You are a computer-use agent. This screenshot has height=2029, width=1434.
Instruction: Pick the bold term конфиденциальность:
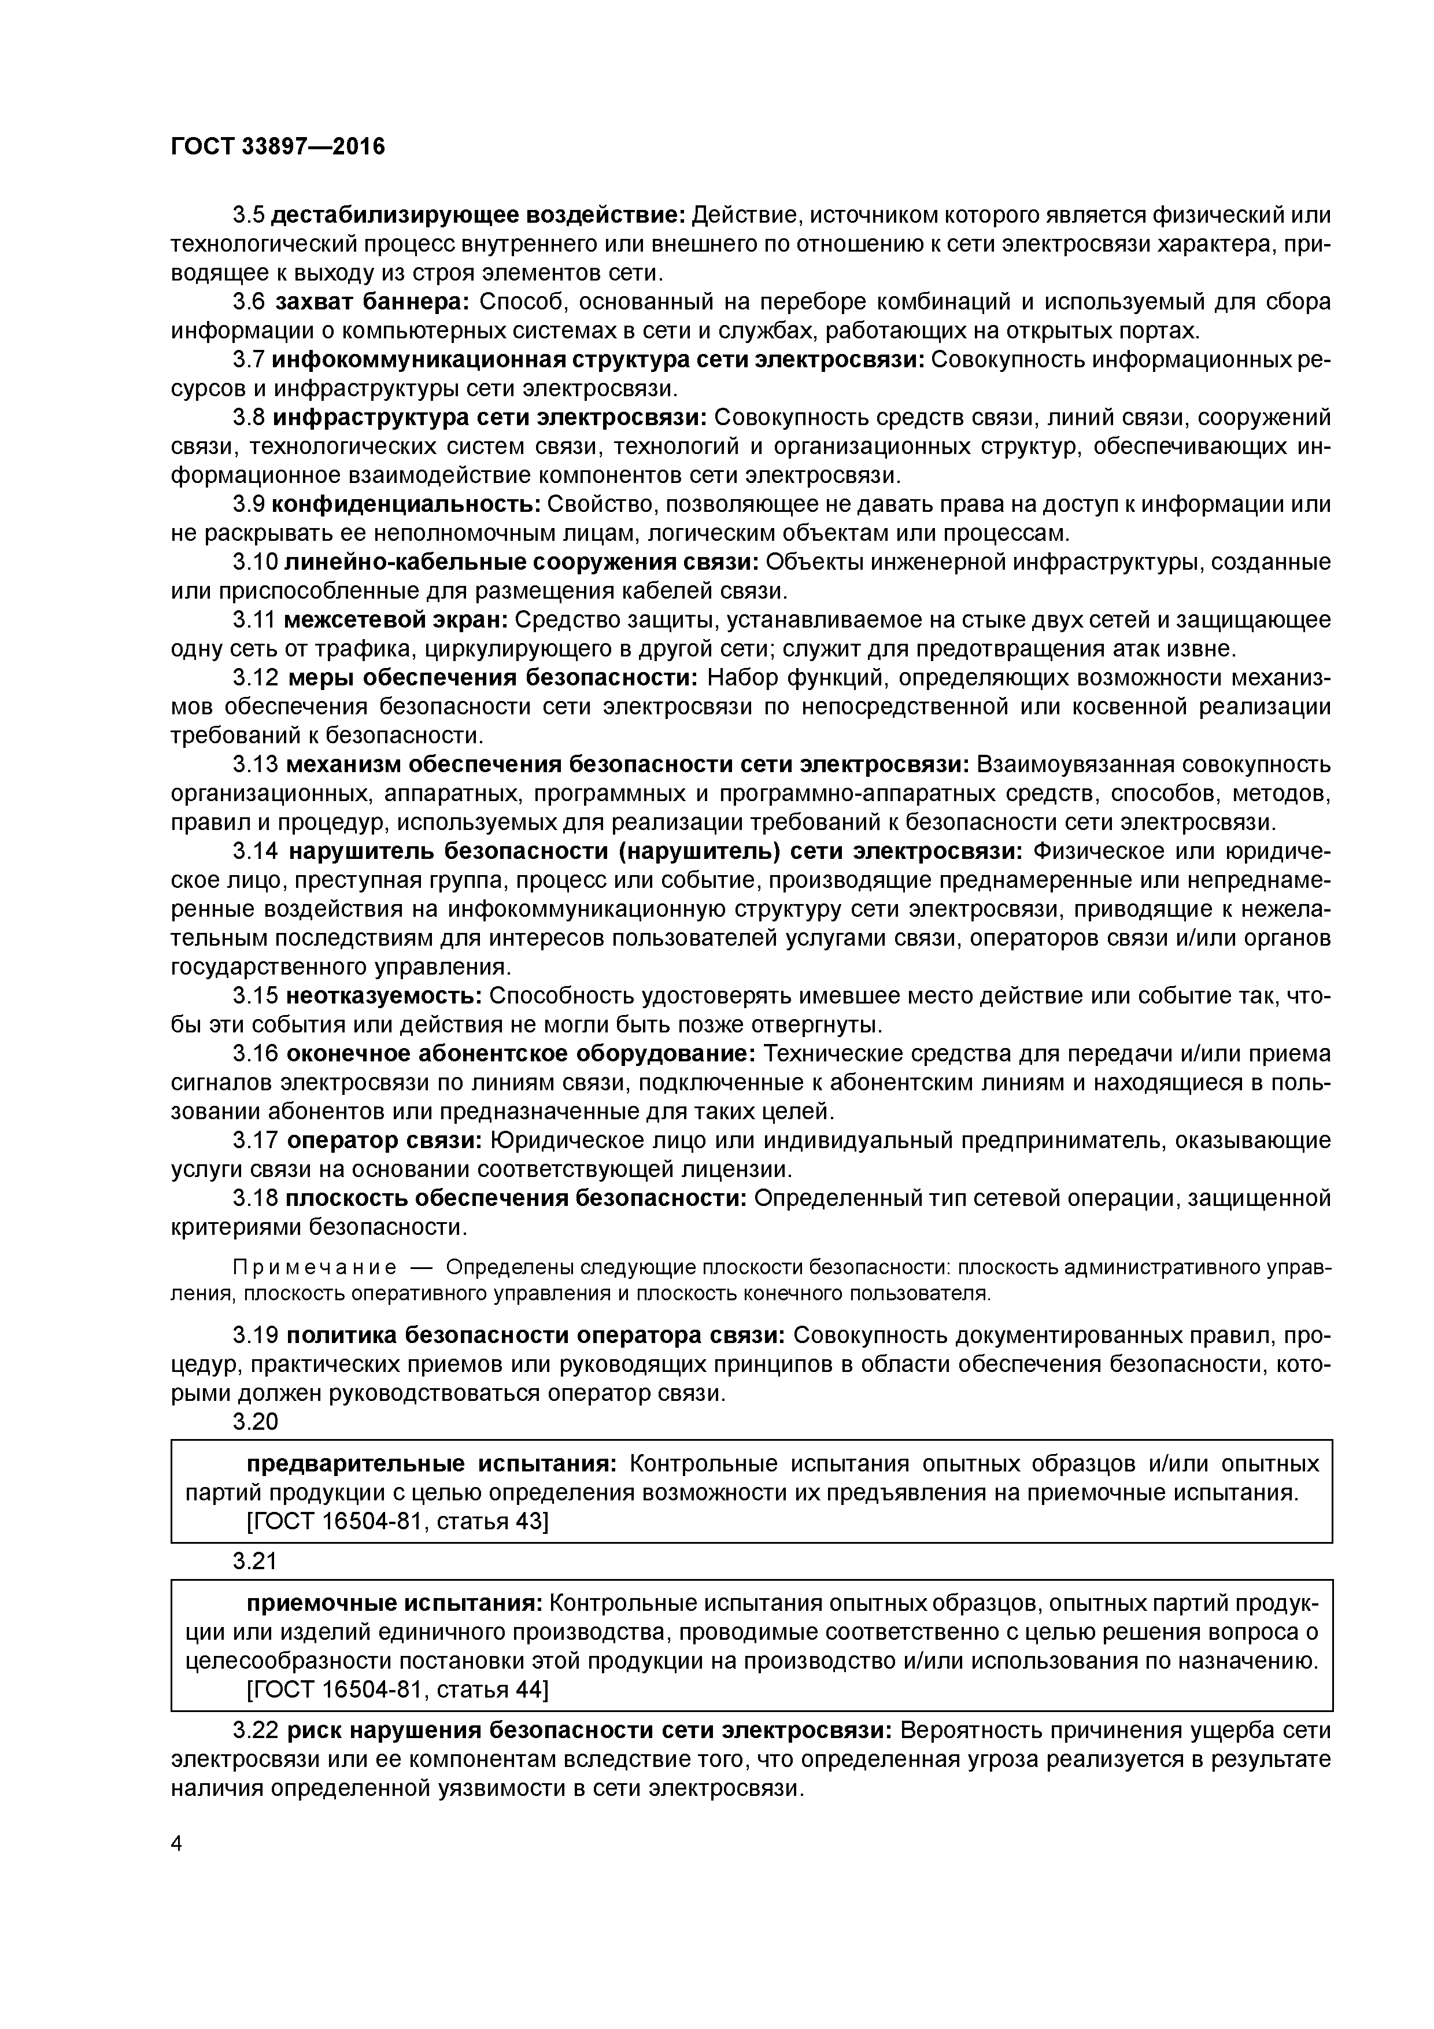pos(405,504)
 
